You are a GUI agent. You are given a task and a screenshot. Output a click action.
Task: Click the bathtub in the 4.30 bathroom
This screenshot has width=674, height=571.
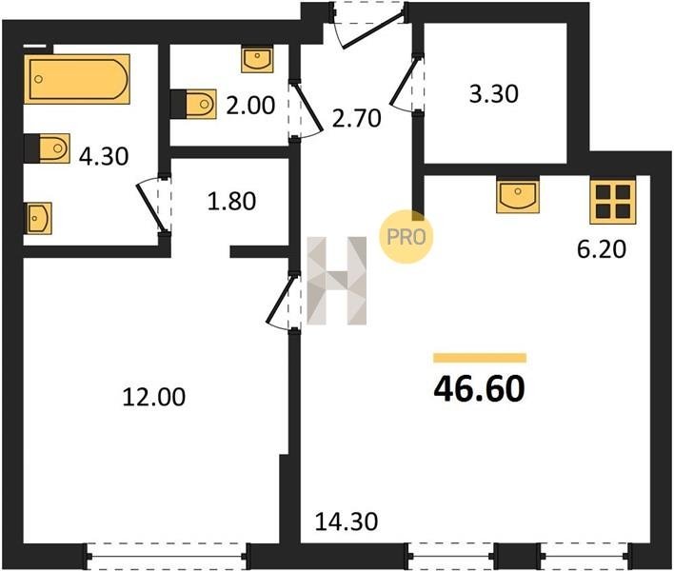click(x=77, y=79)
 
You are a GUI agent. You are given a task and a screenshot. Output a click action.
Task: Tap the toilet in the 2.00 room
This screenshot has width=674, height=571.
click(x=193, y=104)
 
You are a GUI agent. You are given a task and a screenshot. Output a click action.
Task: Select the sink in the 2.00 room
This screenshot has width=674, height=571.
click(x=257, y=60)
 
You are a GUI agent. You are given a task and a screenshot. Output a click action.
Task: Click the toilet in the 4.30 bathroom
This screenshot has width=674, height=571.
click(x=47, y=148)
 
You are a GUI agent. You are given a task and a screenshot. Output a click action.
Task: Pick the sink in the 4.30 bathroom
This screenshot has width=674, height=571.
click(x=38, y=218)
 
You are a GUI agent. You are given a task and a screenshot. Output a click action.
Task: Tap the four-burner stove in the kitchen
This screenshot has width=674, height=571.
click(x=613, y=201)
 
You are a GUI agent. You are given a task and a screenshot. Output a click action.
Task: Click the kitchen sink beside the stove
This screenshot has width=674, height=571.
click(x=518, y=195)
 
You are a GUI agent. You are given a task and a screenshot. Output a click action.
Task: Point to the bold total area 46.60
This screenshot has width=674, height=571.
click(x=479, y=389)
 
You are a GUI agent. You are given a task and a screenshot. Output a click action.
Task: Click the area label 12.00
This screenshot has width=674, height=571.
click(x=154, y=397)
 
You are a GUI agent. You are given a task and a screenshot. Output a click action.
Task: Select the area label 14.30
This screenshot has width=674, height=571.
click(x=347, y=522)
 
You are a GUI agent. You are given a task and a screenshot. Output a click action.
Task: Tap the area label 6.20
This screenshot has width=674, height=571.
click(x=601, y=249)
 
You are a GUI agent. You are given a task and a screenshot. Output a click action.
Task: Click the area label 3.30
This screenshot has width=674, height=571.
click(x=493, y=94)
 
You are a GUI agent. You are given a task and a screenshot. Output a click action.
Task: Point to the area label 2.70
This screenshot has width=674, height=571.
click(x=357, y=118)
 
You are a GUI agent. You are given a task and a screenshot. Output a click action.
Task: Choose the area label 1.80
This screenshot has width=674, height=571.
click(x=231, y=201)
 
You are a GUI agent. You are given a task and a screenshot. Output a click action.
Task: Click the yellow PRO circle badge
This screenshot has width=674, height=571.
click(x=406, y=236)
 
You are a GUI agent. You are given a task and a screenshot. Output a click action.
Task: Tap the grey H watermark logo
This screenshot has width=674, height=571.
click(x=337, y=281)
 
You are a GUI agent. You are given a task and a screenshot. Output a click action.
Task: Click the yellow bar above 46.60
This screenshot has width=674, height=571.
click(x=480, y=358)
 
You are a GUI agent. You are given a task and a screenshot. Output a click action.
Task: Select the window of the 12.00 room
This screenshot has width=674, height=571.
click(x=167, y=557)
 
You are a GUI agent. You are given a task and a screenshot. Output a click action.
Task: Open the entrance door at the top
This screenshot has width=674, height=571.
click(x=368, y=24)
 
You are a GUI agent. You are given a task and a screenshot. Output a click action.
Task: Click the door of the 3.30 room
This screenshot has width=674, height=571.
click(x=406, y=83)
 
